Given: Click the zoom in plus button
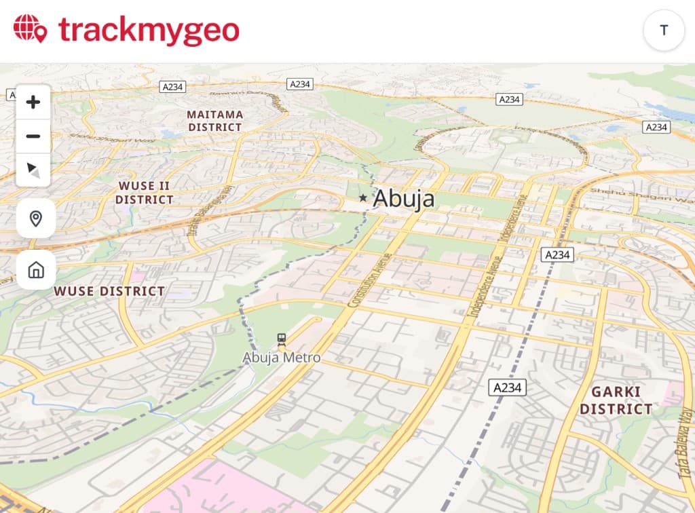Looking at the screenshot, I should tap(33, 102).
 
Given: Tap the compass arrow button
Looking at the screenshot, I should tap(33, 170).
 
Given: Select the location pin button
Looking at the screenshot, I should tap(36, 218).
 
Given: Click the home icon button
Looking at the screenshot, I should tap(36, 270).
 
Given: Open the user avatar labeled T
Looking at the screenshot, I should tap(664, 30).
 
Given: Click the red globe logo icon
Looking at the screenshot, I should tap(30, 29).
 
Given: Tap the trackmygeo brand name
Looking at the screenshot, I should tap(149, 31).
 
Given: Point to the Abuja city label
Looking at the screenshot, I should tap(404, 198).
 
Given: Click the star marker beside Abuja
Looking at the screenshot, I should tap(363, 198).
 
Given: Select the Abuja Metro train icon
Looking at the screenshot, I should tap(282, 339).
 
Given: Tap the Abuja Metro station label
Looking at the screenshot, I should tap(282, 357).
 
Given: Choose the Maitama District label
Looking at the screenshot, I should tap(215, 121).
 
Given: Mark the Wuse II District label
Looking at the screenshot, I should tap(144, 193).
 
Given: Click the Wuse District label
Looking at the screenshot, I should tap(109, 291).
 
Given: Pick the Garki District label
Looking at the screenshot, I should tap(616, 400).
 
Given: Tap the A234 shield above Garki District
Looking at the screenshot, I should tap(508, 387).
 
